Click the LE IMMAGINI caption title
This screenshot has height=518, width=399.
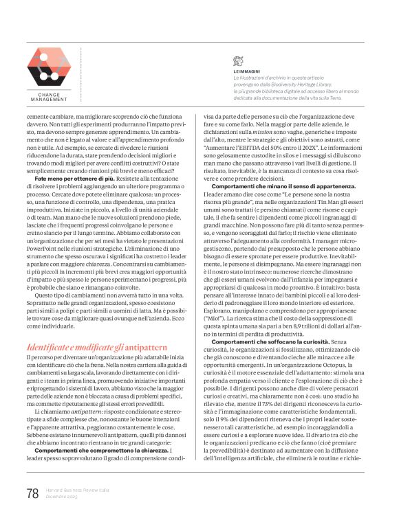pos(246,71)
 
